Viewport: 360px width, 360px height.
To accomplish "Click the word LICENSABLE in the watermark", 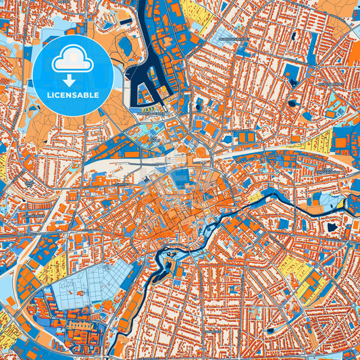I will (x=73, y=95).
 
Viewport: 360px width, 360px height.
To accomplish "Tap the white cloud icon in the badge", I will (x=72, y=60).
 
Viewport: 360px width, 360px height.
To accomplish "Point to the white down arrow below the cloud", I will (x=72, y=80).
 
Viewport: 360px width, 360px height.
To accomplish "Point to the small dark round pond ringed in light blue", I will (x=292, y=103).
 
